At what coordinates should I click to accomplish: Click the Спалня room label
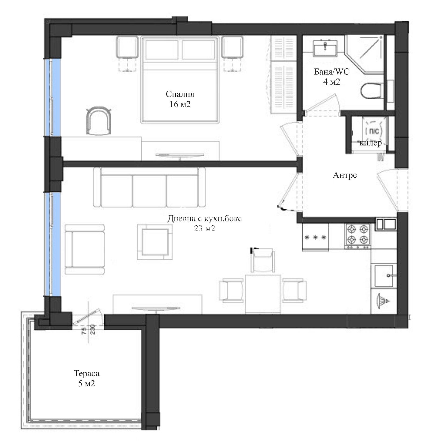point(180,94)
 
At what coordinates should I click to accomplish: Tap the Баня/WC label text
point(332,72)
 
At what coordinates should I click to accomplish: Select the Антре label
point(345,175)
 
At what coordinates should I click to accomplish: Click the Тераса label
point(86,373)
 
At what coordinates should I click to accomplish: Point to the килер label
point(370,143)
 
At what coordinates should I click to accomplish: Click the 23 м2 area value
point(204,229)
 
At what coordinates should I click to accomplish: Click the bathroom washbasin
point(325,49)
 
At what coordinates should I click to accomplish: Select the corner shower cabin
point(364,54)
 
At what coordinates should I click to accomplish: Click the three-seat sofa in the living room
point(149,187)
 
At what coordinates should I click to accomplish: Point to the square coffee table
point(155,242)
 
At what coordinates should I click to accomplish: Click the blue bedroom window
point(53,97)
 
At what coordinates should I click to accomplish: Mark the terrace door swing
point(87,316)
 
